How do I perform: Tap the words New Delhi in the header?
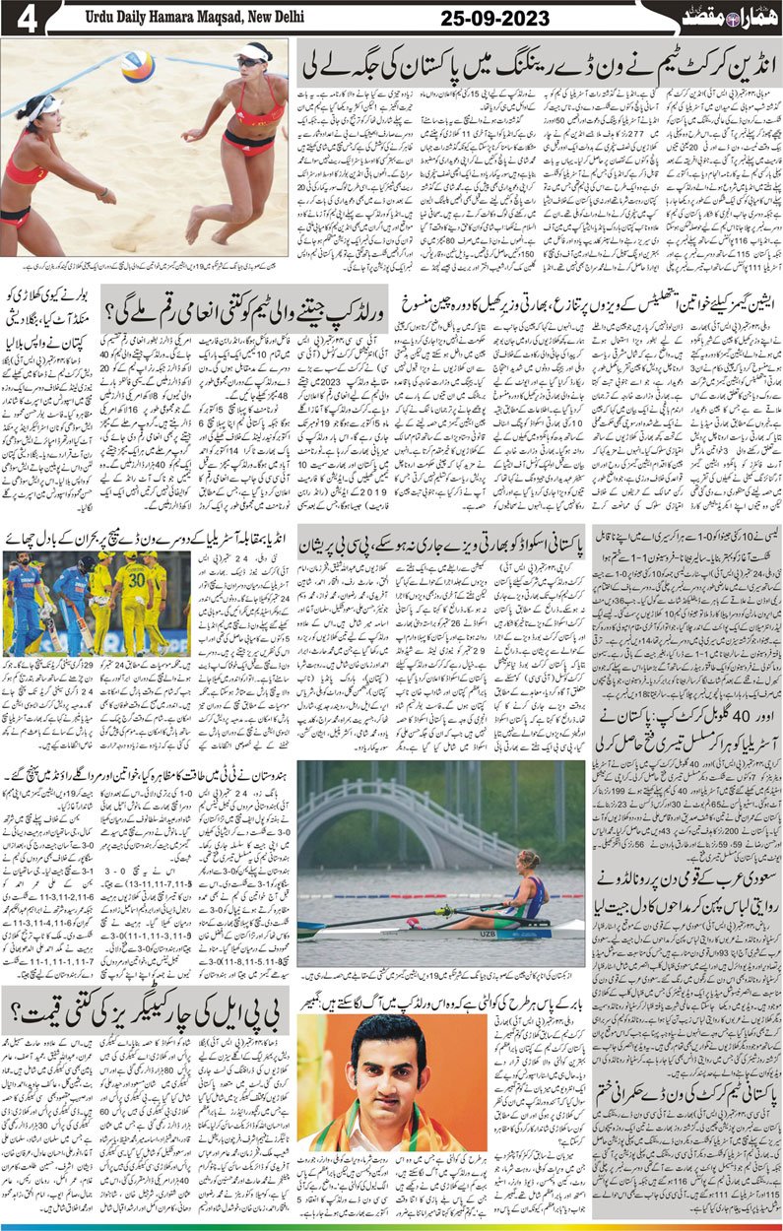click(x=270, y=18)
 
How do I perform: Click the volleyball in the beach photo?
click(x=137, y=66)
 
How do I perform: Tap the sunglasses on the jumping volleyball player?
click(x=253, y=58)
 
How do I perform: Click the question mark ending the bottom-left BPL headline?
click(x=26, y=1004)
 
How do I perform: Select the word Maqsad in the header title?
click(x=209, y=18)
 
